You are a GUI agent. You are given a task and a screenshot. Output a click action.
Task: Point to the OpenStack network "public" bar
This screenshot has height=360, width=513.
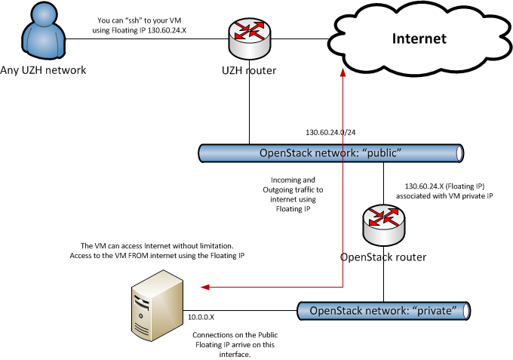tap(331, 152)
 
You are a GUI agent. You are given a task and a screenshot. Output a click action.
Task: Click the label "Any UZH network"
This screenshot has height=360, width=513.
tap(44, 71)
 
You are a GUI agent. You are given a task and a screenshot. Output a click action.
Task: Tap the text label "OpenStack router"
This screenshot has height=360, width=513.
tap(383, 257)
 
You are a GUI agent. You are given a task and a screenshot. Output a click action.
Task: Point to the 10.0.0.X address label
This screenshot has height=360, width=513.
tap(202, 318)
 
